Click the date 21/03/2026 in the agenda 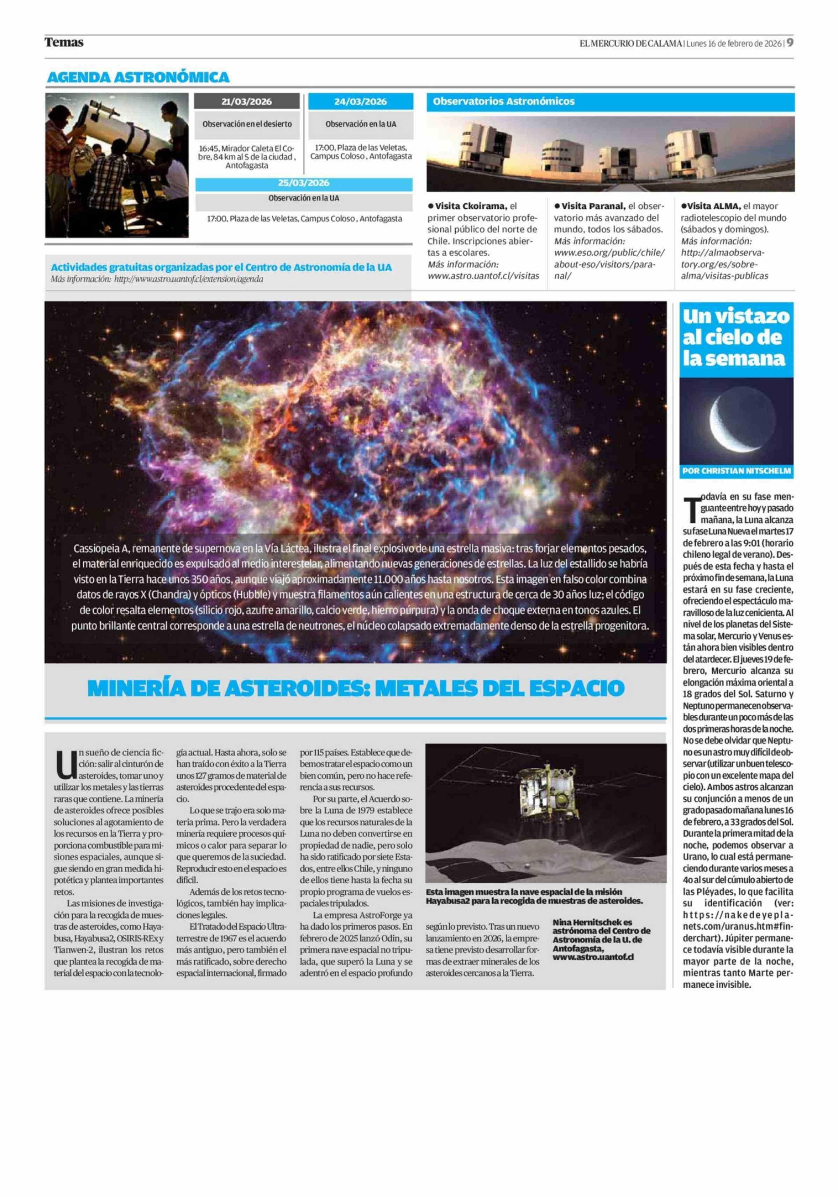pyautogui.click(x=246, y=102)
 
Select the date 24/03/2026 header pyautogui.click(x=360, y=102)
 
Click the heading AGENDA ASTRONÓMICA pyautogui.click(x=138, y=77)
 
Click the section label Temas pyautogui.click(x=64, y=42)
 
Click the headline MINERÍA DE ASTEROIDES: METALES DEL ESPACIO pyautogui.click(x=356, y=688)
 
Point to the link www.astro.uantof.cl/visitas pyautogui.click(x=483, y=276)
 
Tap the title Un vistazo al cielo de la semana pyautogui.click(x=736, y=337)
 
